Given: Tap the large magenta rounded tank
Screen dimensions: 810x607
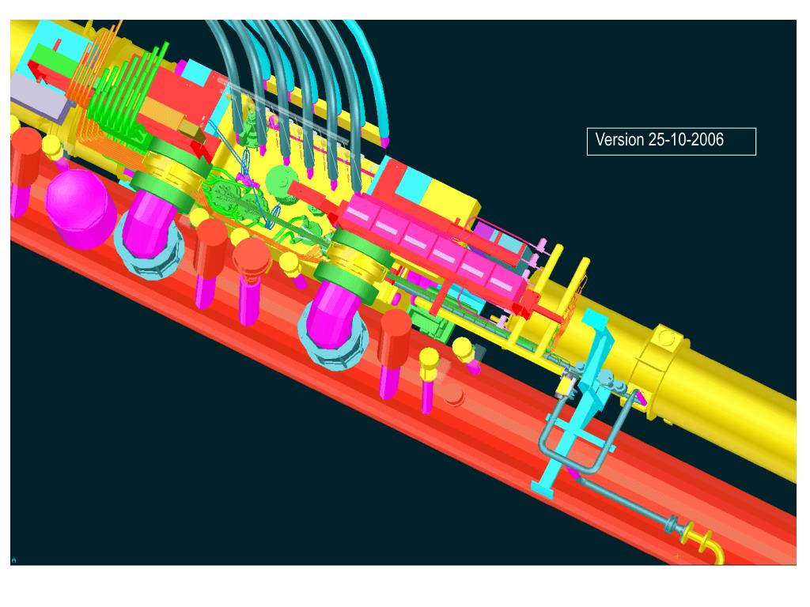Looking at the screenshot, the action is coord(81,209).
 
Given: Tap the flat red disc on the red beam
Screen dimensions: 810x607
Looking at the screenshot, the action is coord(454,396).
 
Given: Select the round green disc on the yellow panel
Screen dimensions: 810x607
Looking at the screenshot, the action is coord(279,181).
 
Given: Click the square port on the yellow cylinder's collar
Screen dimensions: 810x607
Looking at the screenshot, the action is coord(666,339).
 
